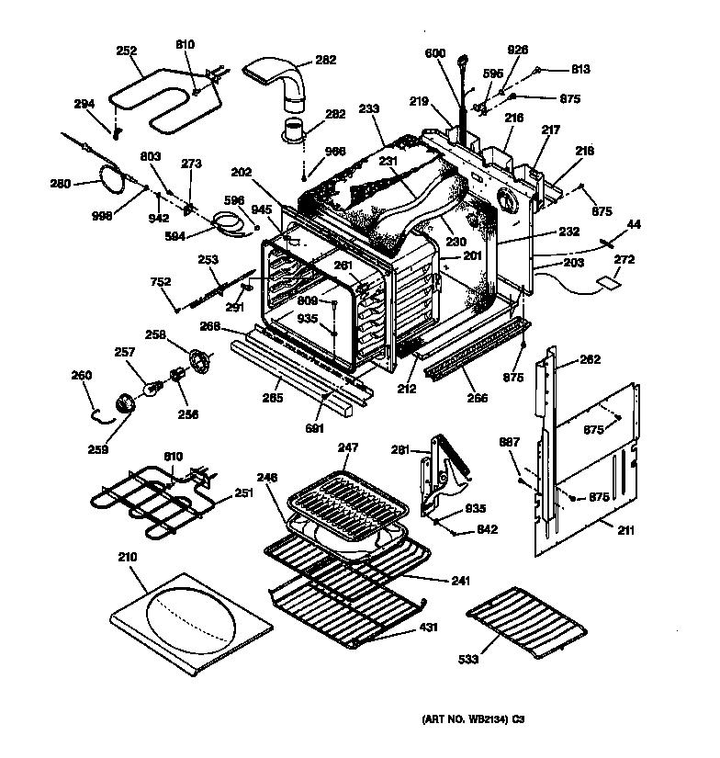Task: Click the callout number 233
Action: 369,109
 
